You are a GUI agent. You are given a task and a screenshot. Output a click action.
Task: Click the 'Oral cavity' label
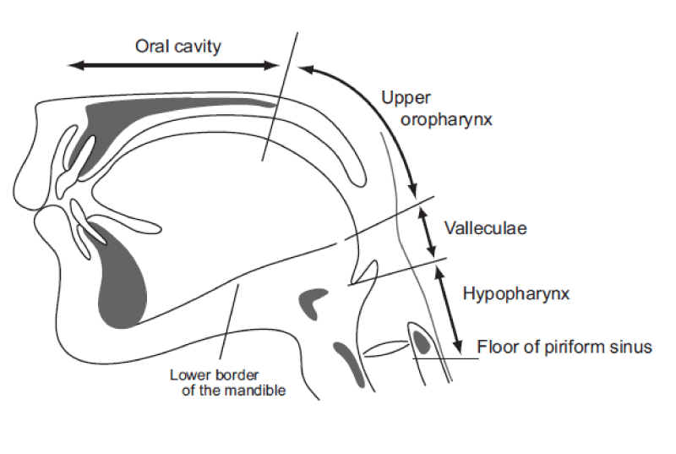tap(178, 46)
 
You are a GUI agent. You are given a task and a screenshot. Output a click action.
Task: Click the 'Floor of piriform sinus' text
tap(564, 347)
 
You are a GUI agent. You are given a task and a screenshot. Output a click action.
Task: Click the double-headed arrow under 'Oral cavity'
tap(173, 65)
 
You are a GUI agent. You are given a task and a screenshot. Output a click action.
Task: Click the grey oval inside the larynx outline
tap(422, 342)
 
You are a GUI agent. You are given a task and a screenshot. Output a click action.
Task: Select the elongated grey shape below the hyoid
tap(351, 362)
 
